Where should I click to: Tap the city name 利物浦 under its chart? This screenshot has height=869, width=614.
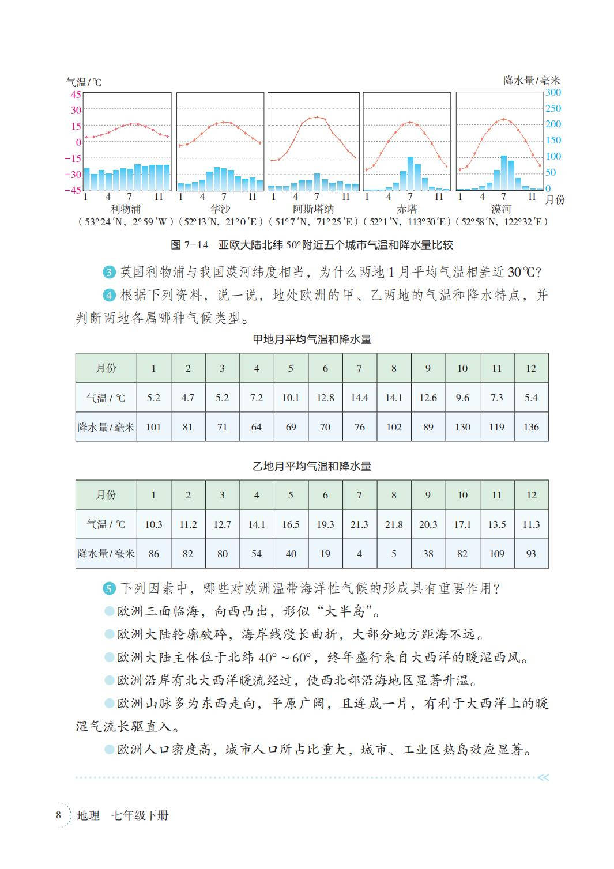126,209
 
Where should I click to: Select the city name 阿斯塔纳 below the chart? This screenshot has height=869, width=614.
313,209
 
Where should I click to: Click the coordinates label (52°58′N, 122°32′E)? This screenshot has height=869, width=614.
501,222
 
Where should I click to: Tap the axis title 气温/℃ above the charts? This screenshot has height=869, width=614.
83,82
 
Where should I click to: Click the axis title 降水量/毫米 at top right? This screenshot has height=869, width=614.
531,81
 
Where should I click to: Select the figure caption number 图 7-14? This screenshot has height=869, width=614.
189,245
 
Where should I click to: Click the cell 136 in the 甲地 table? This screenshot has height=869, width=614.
531,427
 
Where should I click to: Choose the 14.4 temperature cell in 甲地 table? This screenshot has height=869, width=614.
359,398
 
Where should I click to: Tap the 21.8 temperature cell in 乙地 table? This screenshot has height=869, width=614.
394,524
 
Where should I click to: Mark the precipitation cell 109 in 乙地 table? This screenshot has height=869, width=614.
496,554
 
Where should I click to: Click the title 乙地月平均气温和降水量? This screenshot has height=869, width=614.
312,466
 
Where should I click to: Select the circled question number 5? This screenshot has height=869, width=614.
110,588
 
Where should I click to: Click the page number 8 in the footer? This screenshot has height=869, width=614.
58,815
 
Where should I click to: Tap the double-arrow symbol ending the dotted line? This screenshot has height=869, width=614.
543,777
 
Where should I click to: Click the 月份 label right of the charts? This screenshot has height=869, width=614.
555,199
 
